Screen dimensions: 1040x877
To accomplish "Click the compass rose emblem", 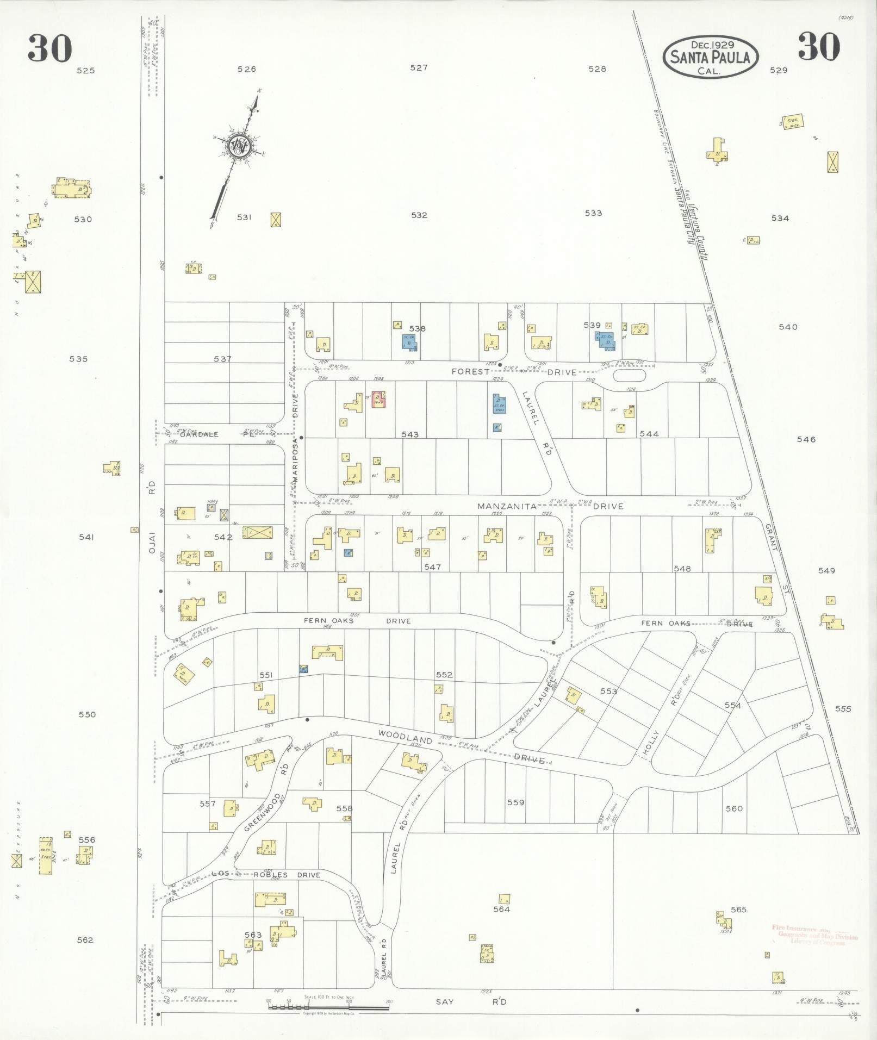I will pyautogui.click(x=239, y=146).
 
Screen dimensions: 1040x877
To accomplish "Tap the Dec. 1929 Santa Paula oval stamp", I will pyautogui.click(x=710, y=57).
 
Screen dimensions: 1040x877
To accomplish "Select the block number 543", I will pyautogui.click(x=410, y=434).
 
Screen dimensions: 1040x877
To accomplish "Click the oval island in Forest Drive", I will pyautogui.click(x=629, y=375).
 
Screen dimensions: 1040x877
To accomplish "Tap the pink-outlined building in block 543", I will pyautogui.click(x=378, y=399).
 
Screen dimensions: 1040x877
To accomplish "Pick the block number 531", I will pyautogui.click(x=245, y=217).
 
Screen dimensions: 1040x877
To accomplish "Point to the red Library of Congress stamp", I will pyautogui.click(x=814, y=935).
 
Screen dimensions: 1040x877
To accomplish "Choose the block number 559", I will pyautogui.click(x=515, y=802).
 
